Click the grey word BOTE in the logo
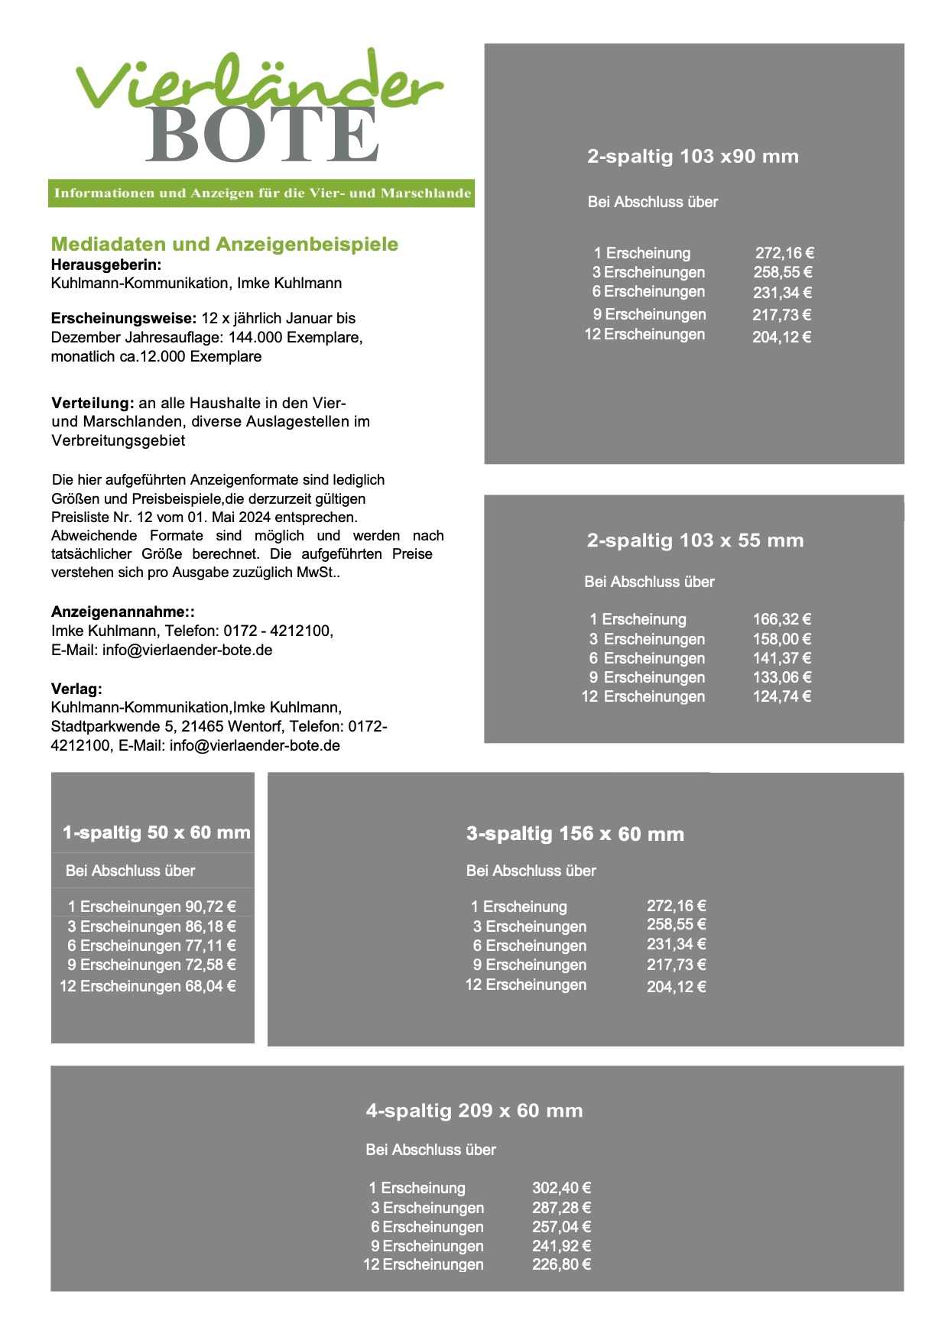coord(261,135)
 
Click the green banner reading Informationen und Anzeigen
coord(261,193)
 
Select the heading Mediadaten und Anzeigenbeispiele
coord(225,245)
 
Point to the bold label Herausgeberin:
coord(106,264)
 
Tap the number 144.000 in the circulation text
coord(255,337)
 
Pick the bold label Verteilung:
coord(93,403)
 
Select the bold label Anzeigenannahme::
coord(123,612)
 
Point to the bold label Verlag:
coord(76,689)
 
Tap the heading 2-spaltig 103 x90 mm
coord(693,157)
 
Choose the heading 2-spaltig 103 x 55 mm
coord(695,540)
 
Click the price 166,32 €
coord(781,619)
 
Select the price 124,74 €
coord(781,696)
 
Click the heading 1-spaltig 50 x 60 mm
coord(157,832)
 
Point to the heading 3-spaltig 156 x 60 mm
coord(575,834)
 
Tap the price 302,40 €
coord(561,1188)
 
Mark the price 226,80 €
coord(561,1264)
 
